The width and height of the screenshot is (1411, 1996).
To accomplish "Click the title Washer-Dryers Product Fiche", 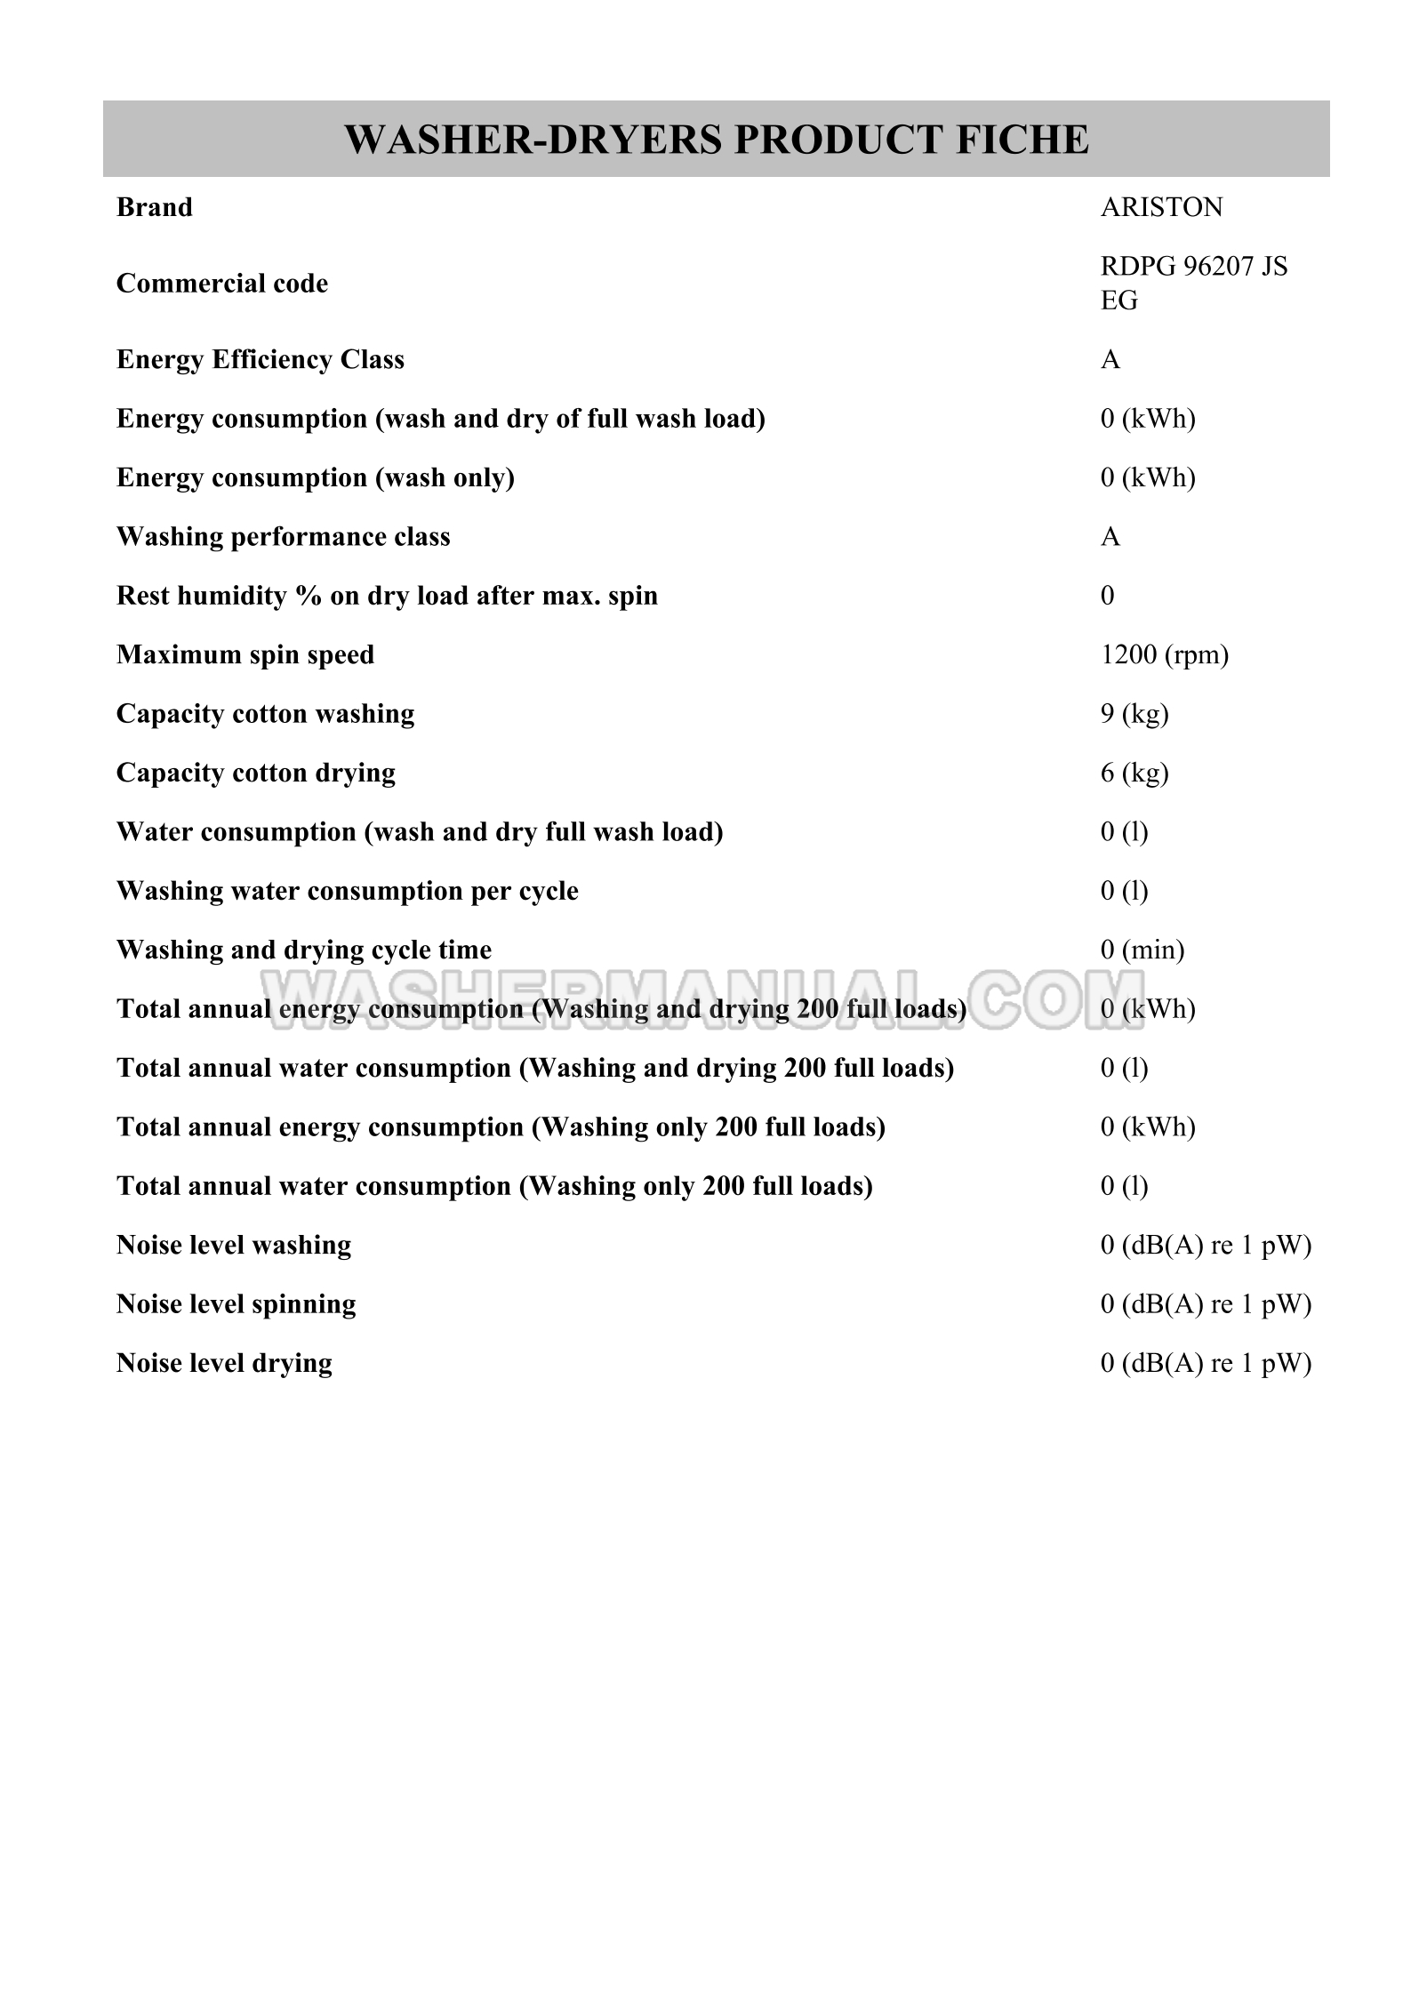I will pos(716,140).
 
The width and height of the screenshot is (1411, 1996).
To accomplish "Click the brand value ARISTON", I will pos(1161,207).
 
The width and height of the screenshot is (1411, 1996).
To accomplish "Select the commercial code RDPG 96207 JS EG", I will pos(1193,283).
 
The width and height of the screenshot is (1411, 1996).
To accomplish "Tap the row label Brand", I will pos(154,207).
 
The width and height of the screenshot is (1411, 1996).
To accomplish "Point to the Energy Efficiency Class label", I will pos(260,359).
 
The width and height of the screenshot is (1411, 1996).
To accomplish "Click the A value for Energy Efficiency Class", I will pos(1110,359).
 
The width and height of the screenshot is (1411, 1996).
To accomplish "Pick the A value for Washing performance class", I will pos(1110,537).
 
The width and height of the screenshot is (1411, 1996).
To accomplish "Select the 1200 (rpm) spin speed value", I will pos(1164,655).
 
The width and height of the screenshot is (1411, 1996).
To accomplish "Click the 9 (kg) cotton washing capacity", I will pos(1134,714).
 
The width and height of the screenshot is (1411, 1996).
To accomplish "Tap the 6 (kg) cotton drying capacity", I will pos(1134,773).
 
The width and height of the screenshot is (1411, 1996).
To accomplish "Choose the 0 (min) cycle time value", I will pos(1142,950).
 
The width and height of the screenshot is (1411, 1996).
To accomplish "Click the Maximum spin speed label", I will pos(245,655).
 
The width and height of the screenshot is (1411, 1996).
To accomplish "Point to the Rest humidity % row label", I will pos(387,596).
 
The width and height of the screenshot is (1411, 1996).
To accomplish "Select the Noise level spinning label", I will pos(236,1304).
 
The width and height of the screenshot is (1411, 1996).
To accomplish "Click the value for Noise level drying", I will pos(1205,1363).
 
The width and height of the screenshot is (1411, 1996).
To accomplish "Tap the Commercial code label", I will pos(221,284).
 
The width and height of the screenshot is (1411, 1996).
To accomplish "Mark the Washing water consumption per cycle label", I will pos(347,891).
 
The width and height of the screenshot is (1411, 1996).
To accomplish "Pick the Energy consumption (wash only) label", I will pos(315,477).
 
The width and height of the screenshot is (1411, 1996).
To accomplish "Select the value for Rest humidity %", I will pos(1107,596).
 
